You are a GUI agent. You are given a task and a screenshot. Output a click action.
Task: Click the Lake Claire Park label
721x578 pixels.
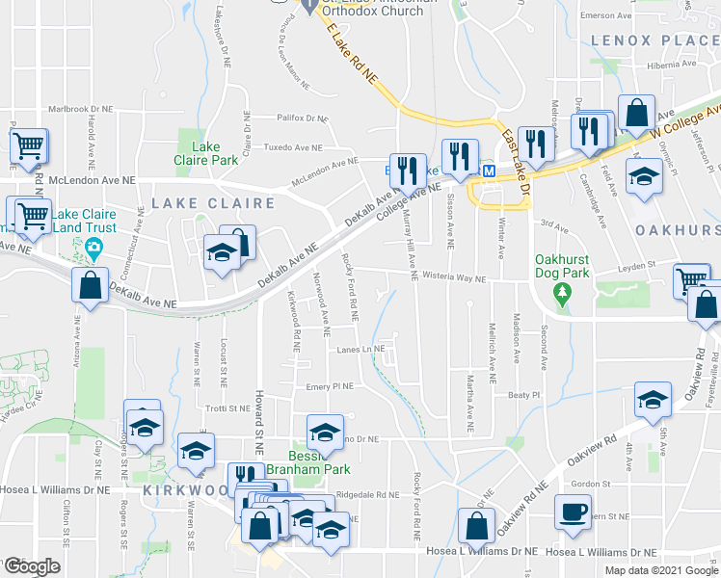[200, 153]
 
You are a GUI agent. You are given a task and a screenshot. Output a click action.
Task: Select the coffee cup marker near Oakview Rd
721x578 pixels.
[574, 512]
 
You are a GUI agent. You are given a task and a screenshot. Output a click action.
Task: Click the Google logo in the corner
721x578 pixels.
[32, 566]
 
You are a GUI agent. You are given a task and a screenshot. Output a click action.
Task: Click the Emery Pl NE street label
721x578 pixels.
[331, 386]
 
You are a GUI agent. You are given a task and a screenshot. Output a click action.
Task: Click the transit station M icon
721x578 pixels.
[489, 171]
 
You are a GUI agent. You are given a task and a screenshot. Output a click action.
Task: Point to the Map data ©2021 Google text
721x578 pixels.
[661, 570]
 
